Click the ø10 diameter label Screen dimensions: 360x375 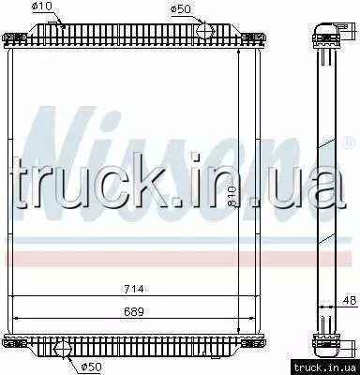[x=42, y=7]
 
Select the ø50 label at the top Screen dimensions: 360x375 [x=180, y=8]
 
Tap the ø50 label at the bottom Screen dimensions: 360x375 [x=91, y=367]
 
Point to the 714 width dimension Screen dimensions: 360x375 [x=134, y=289]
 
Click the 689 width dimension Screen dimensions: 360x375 [x=134, y=311]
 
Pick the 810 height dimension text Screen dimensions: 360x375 [x=232, y=196]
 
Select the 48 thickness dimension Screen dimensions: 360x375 [x=349, y=300]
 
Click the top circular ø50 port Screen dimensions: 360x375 [x=205, y=31]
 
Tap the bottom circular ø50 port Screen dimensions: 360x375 [x=63, y=349]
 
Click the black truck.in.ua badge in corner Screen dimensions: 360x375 [x=325, y=367]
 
